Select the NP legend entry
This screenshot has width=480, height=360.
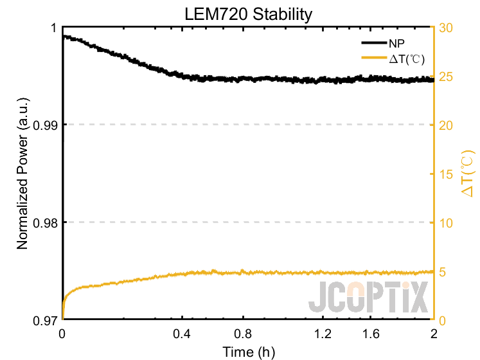pos(395,43)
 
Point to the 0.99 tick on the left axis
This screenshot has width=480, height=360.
pos(44,125)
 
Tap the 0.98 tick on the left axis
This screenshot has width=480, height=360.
pos(44,222)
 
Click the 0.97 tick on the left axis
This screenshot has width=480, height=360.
pos(44,319)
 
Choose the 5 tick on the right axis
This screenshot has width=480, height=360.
pos(443,271)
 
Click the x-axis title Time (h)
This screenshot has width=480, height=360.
pos(248,352)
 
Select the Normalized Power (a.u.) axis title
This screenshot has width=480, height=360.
pos(23,174)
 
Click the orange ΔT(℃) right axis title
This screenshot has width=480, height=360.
pos(468,174)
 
